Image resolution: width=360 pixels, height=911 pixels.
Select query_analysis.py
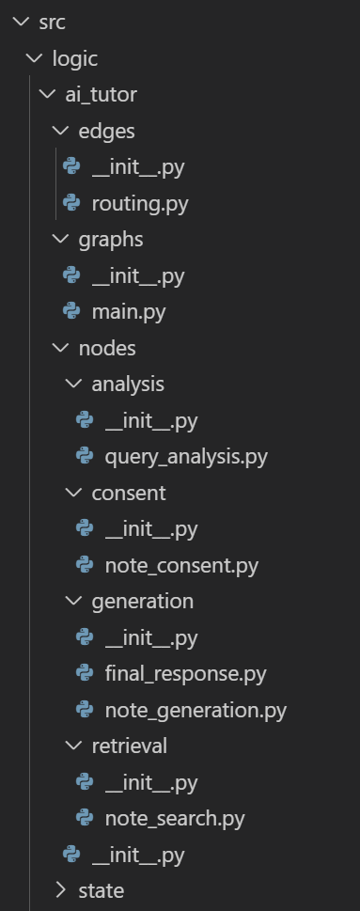pos(185,457)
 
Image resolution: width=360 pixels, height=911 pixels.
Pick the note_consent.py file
pos(180,565)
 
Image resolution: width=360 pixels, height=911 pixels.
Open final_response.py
pos(185,674)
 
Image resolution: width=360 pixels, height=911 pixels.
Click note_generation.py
pos(195,710)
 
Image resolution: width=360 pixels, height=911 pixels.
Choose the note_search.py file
pos(174,818)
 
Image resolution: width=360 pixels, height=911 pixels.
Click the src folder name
pos(52,23)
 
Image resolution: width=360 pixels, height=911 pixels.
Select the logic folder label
pos(75,58)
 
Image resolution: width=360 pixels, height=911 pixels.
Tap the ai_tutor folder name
pos(101,95)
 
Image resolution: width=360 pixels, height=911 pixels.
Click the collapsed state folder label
pos(101,890)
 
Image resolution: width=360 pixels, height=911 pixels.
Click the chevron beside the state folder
pos(61,890)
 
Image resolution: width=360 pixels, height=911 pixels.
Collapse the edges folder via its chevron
pos(61,131)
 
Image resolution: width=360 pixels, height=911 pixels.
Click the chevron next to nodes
pos(61,348)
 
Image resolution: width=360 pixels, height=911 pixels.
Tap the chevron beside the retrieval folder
pos(74,746)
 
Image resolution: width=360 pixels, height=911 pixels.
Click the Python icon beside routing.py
pos(70,203)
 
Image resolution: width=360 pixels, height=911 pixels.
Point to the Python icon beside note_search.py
pos(85,818)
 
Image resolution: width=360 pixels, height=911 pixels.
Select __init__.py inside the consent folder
pos(150,529)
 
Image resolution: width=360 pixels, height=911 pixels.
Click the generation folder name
pos(142,601)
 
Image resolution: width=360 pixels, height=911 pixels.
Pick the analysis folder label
pos(128,384)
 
